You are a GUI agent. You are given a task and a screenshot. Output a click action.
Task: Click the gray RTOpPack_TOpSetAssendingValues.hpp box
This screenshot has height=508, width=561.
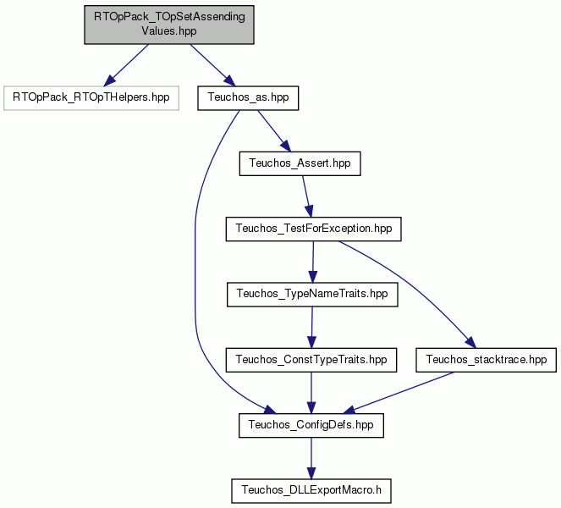click(169, 25)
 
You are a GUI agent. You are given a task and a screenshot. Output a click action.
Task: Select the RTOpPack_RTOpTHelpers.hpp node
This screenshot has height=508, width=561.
click(91, 97)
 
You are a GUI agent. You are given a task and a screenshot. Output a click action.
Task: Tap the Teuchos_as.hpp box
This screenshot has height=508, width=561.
click(248, 97)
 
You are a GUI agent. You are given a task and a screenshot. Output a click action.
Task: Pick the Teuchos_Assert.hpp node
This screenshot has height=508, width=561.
click(300, 163)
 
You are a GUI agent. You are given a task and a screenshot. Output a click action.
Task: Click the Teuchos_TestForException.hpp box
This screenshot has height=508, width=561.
click(313, 229)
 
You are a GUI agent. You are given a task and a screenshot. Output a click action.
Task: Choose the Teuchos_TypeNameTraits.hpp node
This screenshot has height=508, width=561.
click(312, 295)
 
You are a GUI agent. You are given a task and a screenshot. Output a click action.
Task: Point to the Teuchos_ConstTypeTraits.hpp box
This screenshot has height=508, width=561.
click(311, 360)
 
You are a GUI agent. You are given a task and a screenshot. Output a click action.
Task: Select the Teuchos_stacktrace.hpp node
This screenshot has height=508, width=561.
click(487, 360)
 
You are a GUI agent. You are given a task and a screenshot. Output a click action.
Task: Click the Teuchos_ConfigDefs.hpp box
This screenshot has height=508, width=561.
click(311, 425)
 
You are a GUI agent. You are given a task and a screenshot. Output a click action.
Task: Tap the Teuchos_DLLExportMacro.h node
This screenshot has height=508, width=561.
click(311, 491)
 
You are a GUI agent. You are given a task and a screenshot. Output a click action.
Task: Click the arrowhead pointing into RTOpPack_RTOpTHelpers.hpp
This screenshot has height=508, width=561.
click(109, 81)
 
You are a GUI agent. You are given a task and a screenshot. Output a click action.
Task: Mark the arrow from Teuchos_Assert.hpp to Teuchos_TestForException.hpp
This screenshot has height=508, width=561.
click(307, 196)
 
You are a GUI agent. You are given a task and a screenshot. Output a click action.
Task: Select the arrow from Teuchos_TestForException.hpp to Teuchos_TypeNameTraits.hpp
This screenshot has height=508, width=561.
click(313, 262)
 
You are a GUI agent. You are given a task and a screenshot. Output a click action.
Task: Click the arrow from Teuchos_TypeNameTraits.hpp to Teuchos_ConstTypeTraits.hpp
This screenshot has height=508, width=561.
click(311, 327)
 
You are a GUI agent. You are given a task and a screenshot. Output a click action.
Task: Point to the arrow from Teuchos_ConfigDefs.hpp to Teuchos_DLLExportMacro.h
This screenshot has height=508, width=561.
click(311, 458)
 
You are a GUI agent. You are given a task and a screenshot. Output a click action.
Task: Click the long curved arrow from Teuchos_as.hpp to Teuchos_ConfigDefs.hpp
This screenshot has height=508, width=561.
click(195, 272)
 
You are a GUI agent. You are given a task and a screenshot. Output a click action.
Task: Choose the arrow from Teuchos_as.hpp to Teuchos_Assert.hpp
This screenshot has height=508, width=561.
click(274, 131)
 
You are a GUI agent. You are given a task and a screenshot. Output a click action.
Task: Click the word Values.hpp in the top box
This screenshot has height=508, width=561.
click(169, 31)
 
